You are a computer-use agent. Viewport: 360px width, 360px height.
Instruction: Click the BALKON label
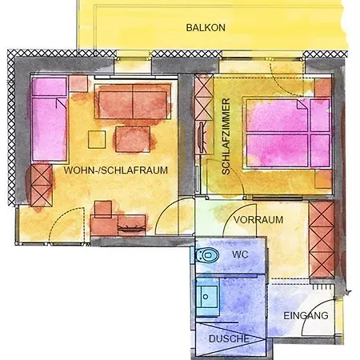[x=206, y=27]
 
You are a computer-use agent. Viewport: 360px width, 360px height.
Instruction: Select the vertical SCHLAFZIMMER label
[x=226, y=137]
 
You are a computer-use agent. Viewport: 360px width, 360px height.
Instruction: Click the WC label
[x=241, y=254]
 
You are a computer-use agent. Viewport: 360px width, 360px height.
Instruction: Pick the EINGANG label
[x=306, y=315]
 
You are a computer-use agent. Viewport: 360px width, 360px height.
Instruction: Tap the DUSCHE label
[x=229, y=338]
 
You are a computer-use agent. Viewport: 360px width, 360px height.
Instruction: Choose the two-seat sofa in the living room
[x=133, y=102]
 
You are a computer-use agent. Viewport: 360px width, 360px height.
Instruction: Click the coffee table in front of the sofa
[x=132, y=138]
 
